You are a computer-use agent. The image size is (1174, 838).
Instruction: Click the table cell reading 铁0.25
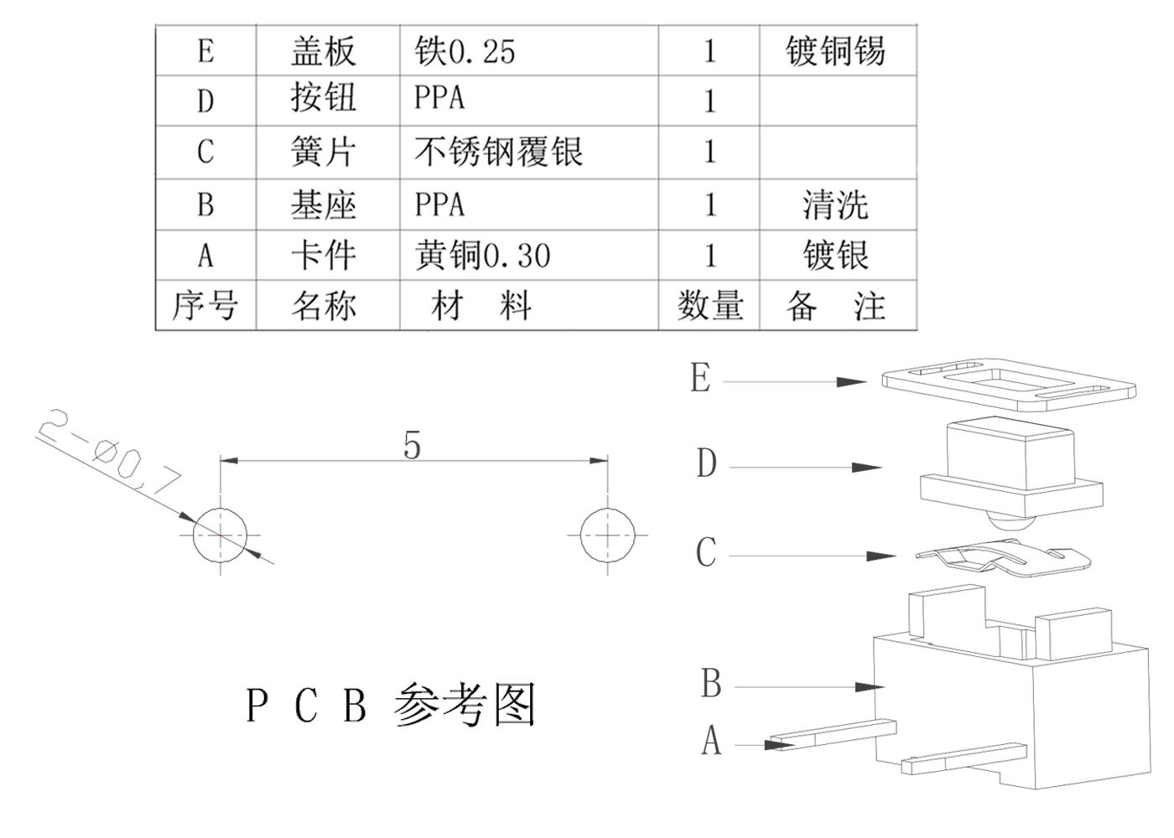[465, 51]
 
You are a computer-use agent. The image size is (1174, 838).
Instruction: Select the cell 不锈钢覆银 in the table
[498, 153]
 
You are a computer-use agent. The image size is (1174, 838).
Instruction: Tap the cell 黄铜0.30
[483, 256]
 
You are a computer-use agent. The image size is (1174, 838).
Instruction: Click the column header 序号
[205, 305]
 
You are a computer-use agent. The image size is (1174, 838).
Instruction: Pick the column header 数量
[709, 305]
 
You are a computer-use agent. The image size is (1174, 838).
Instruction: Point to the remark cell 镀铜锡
[835, 51]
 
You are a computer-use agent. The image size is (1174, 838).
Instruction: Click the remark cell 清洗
[835, 205]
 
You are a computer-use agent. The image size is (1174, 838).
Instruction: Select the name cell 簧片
[324, 153]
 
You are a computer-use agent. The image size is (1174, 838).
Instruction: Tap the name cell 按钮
[324, 99]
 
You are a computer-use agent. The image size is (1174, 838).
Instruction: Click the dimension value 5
[411, 445]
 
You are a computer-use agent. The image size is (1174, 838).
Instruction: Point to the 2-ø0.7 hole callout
[109, 453]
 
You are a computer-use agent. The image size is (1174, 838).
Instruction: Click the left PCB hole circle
[221, 535]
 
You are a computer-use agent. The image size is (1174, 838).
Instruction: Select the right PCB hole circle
[608, 535]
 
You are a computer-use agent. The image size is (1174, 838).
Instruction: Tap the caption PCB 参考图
[390, 706]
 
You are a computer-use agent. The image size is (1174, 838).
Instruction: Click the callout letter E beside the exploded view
[700, 379]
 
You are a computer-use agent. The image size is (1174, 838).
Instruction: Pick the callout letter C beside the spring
[706, 552]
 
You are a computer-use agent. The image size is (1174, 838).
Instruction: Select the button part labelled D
[1010, 469]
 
